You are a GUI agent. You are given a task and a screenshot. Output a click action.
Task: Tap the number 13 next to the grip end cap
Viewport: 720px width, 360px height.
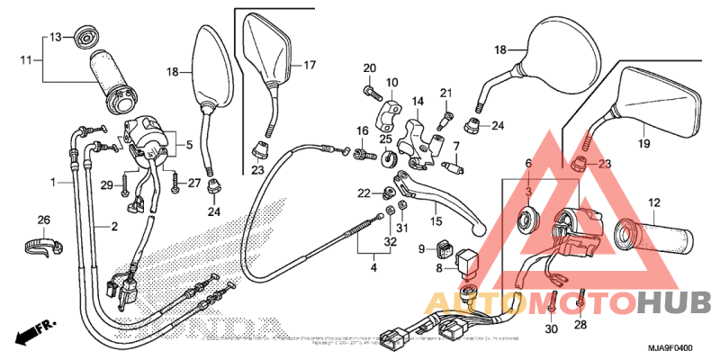click(54, 37)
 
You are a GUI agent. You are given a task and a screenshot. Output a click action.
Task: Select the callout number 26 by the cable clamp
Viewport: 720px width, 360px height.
click(41, 220)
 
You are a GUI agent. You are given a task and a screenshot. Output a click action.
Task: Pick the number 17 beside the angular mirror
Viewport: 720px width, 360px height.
click(310, 65)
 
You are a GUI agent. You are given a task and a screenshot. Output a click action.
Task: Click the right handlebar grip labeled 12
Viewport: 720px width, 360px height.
click(653, 238)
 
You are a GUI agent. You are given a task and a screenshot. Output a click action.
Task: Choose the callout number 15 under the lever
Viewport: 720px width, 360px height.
click(435, 221)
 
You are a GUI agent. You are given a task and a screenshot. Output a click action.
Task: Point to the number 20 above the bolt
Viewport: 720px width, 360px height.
click(370, 68)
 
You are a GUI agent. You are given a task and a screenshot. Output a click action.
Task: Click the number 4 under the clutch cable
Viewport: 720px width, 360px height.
click(373, 267)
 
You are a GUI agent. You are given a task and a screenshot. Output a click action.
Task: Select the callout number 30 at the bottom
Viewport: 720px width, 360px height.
click(552, 328)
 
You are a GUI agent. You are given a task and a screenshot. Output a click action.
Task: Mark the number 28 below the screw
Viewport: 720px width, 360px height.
click(580, 325)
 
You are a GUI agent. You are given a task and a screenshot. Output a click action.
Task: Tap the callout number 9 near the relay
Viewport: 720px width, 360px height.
click(421, 248)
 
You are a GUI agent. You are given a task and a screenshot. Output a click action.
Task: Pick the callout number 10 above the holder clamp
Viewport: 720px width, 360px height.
click(391, 83)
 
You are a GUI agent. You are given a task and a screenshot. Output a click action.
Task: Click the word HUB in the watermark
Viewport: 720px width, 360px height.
click(675, 304)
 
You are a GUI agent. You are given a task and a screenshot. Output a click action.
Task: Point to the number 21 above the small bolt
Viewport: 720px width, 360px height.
click(445, 94)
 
